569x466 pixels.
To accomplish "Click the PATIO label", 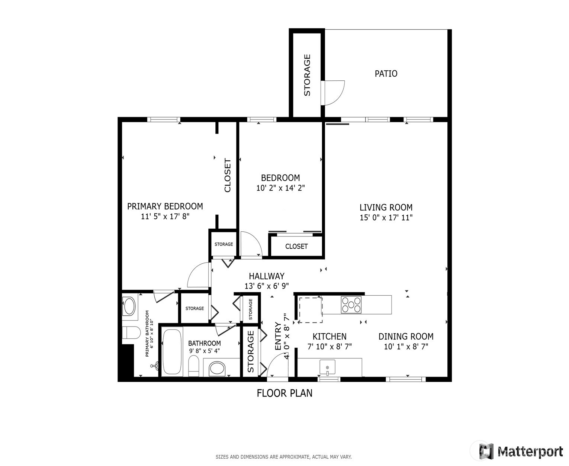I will (386, 74).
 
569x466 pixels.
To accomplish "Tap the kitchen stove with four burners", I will (351, 305).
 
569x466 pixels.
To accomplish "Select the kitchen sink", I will (327, 367).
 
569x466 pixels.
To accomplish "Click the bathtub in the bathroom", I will (172, 351).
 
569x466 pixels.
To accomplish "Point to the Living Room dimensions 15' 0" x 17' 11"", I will (386, 218).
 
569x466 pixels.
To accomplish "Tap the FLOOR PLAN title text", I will (284, 393).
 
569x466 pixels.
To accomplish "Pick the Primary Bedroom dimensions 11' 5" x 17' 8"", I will (165, 217).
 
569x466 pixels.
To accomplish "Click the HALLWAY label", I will (266, 276).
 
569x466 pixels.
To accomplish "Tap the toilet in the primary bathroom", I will (130, 332).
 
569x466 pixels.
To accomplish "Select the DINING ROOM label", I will (406, 337).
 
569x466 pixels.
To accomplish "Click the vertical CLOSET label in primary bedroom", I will (228, 176).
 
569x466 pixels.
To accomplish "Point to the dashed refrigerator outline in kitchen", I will (311, 310).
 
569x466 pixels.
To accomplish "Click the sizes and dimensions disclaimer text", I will (283, 457).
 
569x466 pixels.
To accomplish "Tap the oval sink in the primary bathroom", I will (129, 306).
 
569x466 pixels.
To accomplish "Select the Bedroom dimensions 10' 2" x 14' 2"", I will (280, 188).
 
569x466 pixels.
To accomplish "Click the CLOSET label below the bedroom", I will (296, 246).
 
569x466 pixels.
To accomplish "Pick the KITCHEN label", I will (329, 337).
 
